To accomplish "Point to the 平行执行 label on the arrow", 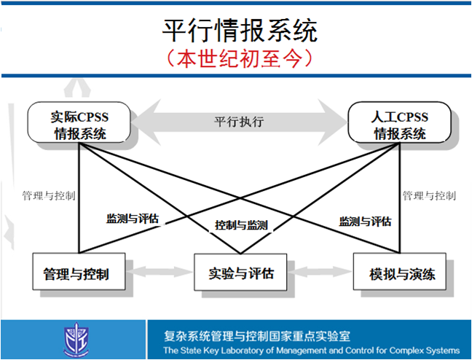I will coord(239,121).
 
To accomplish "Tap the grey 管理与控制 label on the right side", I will coord(429,195).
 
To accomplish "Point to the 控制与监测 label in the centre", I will coord(241,225).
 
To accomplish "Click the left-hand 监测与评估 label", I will coord(133,218).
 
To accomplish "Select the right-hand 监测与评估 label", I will coord(365,221).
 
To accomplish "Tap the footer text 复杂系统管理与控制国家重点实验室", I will coord(257,336).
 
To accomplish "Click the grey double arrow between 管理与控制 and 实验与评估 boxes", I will coord(160,274).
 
